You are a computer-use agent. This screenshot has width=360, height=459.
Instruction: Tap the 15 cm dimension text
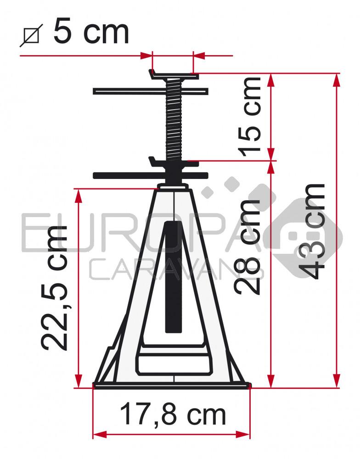(x=251, y=116)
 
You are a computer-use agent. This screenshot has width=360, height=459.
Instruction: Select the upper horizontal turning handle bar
(x=151, y=91)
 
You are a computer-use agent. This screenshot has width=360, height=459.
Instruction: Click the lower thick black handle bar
(x=151, y=175)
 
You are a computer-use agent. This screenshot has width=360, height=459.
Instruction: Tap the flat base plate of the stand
(x=172, y=386)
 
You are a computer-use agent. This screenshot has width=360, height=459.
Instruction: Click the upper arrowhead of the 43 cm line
(x=337, y=79)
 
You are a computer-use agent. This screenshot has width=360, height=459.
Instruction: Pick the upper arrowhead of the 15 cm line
(x=271, y=79)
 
